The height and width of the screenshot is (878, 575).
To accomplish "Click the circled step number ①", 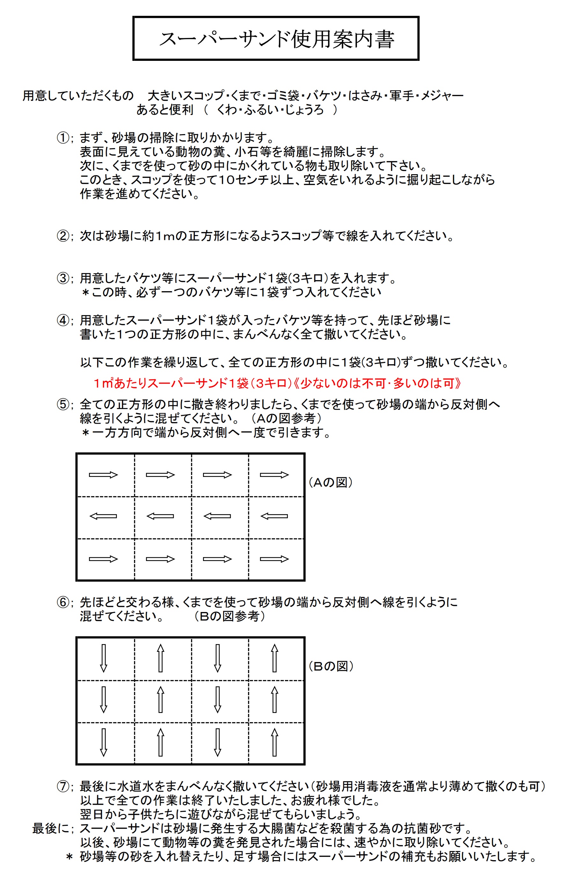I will click(63, 138).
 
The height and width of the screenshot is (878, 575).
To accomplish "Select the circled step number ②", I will click(63, 236).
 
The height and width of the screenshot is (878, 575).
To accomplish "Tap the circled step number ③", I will click(63, 278).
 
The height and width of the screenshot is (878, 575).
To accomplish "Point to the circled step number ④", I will click(63, 320).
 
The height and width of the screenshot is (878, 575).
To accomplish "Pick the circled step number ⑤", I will click(63, 404).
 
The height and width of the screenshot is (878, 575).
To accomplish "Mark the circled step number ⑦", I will click(63, 786).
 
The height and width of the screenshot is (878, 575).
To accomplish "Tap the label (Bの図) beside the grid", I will click(331, 666).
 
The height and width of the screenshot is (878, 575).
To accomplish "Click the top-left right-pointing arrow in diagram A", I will click(103, 475).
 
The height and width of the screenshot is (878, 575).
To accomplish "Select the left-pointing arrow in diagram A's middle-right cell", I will click(274, 516).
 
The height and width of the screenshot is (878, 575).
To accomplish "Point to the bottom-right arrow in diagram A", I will click(274, 559).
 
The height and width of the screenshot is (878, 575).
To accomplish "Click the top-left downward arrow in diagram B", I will click(104, 658).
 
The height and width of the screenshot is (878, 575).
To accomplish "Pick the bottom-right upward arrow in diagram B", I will click(274, 742).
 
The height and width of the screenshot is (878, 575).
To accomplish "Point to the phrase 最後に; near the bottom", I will click(53, 828).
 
